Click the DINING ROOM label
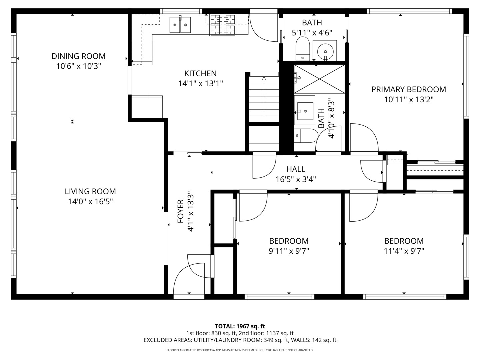(78, 56)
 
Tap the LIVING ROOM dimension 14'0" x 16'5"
(90, 201)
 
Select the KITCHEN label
(200, 73)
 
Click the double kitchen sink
(180, 25)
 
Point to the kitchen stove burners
(223, 25)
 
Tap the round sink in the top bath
(325, 51)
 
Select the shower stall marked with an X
(319, 79)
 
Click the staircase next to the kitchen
(264, 99)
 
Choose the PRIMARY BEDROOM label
(409, 89)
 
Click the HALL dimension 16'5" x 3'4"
(296, 179)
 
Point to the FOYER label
(180, 211)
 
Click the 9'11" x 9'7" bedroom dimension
(289, 251)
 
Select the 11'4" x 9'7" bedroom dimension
(404, 251)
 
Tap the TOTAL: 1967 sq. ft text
(240, 326)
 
